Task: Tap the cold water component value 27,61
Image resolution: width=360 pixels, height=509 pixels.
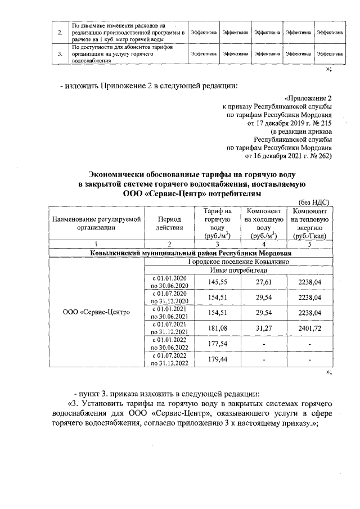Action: pyautogui.click(x=264, y=281)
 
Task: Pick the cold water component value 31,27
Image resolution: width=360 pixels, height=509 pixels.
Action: pyautogui.click(x=264, y=328)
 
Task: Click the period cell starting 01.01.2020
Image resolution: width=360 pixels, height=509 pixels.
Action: pyautogui.click(x=169, y=281)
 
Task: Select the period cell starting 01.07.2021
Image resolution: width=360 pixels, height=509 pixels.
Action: pyautogui.click(x=169, y=328)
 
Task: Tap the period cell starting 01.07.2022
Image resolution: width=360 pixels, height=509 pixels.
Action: pyautogui.click(x=169, y=359)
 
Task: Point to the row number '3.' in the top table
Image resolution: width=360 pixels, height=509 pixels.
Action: pyautogui.click(x=60, y=54)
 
